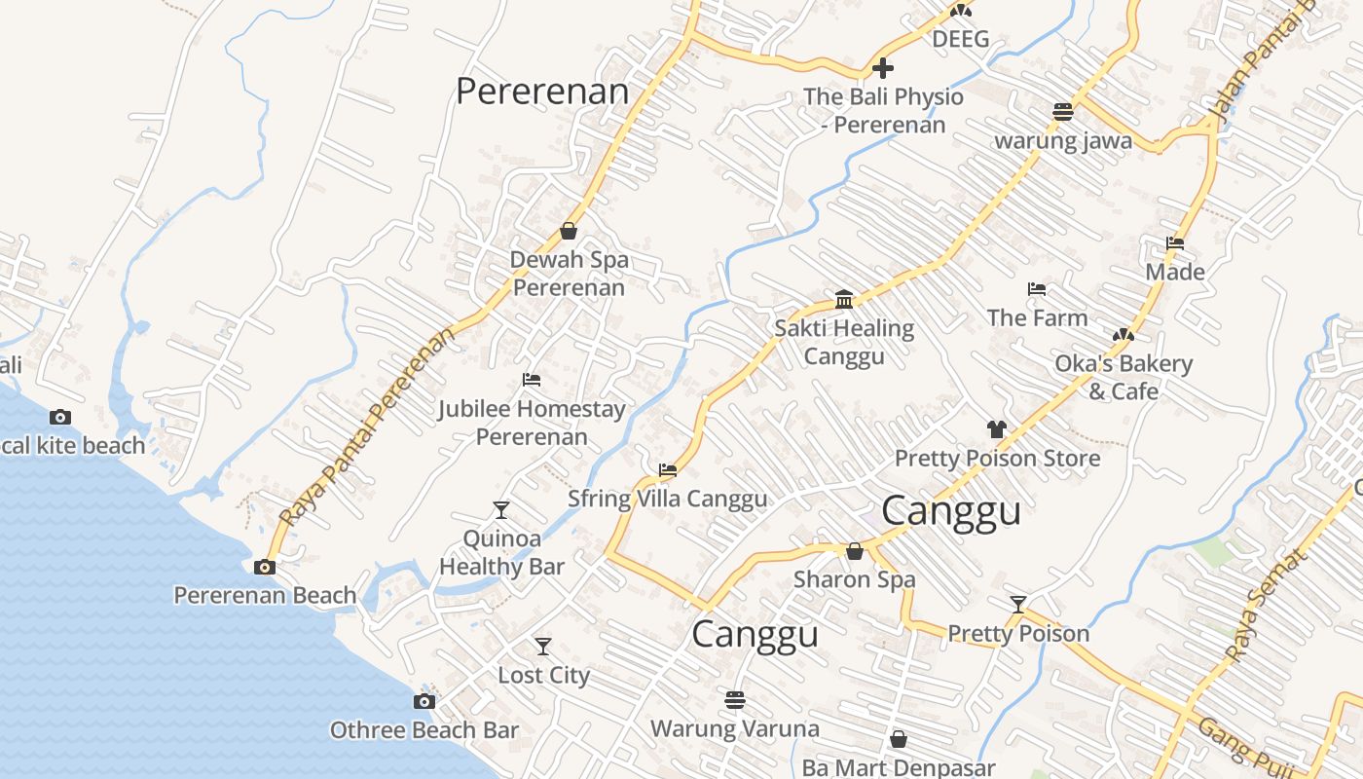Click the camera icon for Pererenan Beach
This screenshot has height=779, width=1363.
[264, 568]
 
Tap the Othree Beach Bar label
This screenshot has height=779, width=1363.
[424, 729]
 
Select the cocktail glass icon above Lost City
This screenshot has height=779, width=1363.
[543, 647]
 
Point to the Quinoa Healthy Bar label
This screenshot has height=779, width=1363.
[501, 552]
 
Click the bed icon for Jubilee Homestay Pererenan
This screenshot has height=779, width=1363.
[532, 380]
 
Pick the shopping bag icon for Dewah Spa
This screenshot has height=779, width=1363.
[569, 232]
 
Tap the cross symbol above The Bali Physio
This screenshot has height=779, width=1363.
[883, 68]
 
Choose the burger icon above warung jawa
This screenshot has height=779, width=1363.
[1062, 112]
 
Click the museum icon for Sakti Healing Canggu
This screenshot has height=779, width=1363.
[844, 299]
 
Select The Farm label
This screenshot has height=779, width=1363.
[1037, 317]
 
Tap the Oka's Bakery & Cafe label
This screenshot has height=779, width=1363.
[1124, 377]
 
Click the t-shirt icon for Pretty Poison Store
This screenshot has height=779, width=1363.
[996, 428]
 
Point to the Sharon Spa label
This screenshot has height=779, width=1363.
[854, 579]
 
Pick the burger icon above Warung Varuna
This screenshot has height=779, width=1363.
[735, 700]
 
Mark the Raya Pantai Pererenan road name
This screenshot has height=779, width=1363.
[368, 427]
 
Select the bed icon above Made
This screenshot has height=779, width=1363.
[1175, 243]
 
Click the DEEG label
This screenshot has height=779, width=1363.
[960, 39]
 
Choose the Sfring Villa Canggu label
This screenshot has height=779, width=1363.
[667, 499]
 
